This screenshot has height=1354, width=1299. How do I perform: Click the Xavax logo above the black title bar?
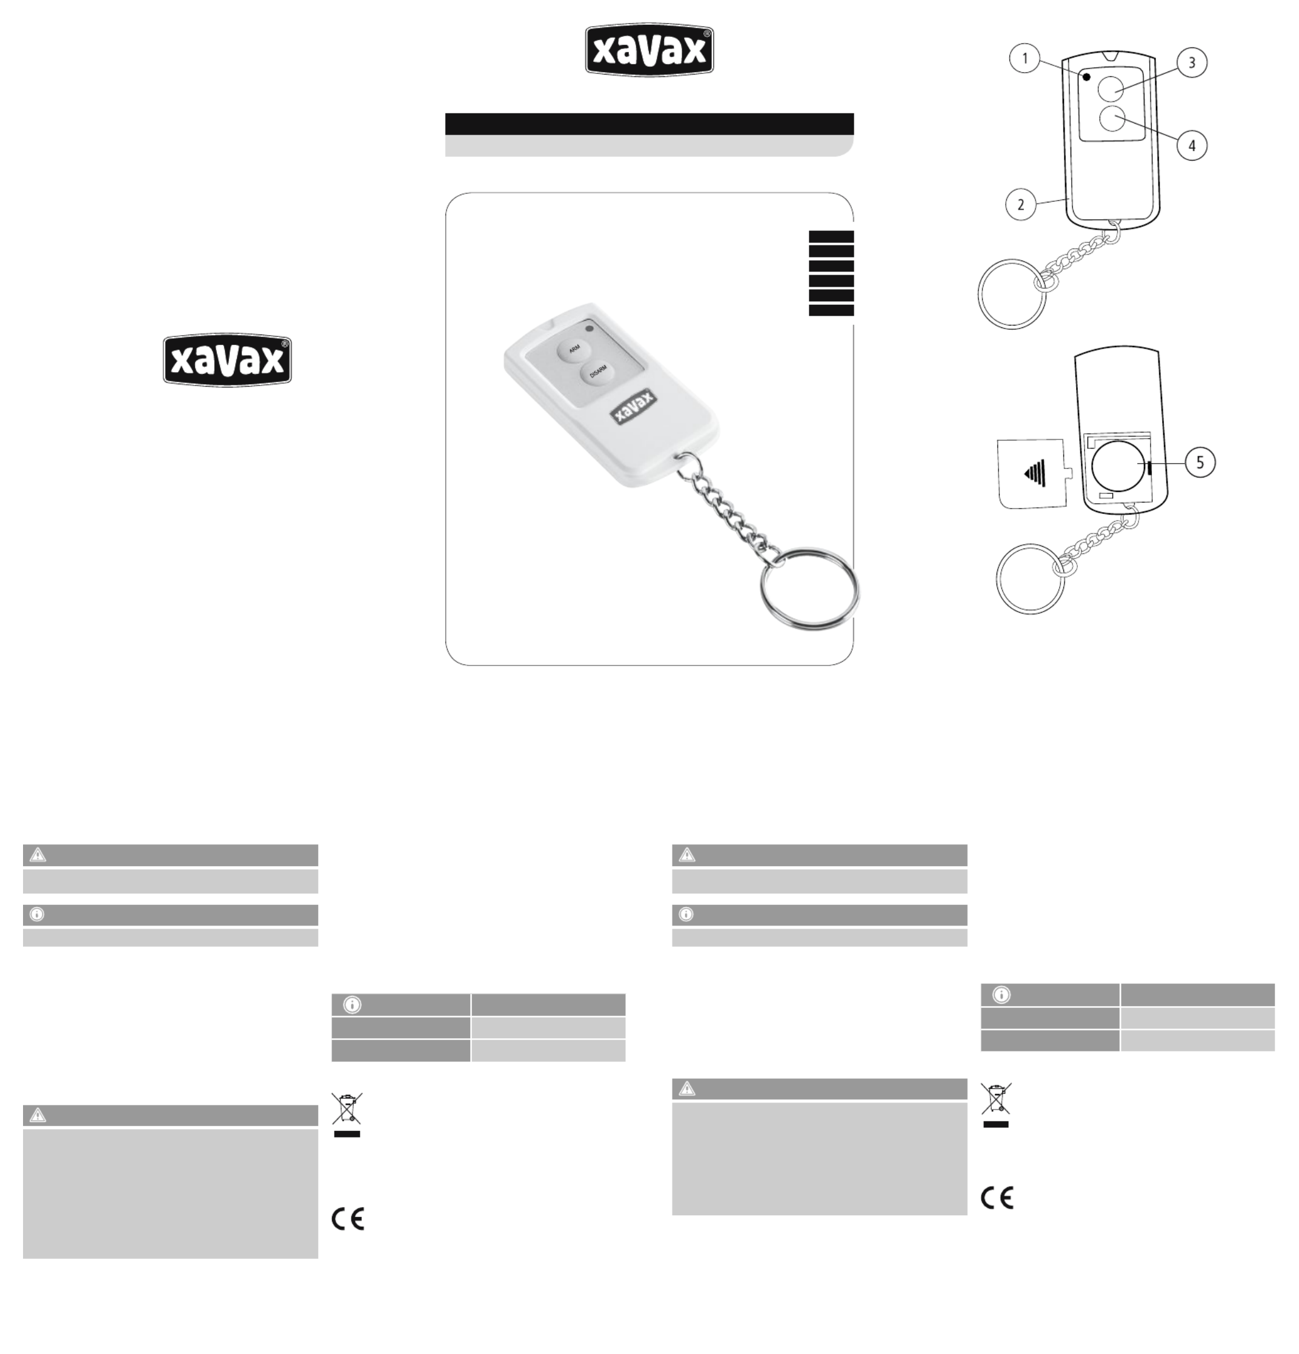649,50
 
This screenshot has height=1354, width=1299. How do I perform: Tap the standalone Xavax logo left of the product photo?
227,361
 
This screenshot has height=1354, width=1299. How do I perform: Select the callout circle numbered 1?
1025,59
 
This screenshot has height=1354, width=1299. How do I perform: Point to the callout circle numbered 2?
1021,204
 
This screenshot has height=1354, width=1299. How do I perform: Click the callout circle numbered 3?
1191,62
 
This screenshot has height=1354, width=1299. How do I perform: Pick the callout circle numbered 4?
1191,145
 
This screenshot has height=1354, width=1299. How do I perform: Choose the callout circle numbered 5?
1200,462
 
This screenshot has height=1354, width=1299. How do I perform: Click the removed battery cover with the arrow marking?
1034,473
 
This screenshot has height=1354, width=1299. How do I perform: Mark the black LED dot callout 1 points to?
1086,77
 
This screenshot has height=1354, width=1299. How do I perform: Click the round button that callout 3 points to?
1111,88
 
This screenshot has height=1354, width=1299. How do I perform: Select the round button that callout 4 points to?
1111,119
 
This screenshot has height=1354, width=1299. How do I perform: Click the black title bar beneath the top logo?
649,124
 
